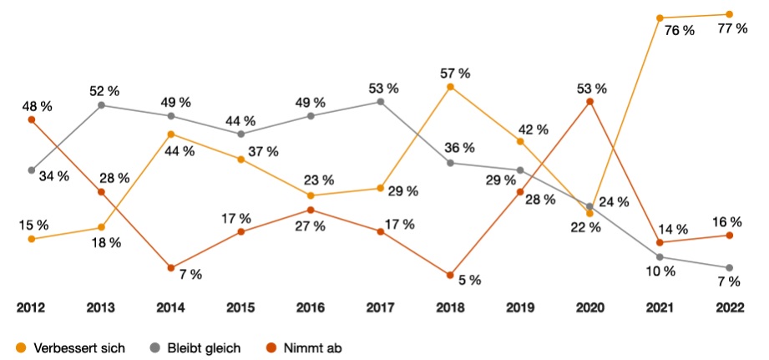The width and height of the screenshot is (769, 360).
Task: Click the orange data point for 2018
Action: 450,87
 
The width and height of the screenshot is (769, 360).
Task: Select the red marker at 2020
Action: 590,102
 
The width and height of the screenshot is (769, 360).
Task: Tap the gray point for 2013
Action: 101,105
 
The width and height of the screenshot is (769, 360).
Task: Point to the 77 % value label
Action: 731,29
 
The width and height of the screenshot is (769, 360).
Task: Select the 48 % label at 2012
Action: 37,106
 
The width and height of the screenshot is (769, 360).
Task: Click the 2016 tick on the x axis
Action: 311,307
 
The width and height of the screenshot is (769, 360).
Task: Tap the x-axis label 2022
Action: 730,307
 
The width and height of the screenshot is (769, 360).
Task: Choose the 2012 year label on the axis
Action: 31,307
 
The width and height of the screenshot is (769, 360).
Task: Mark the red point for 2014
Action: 171,268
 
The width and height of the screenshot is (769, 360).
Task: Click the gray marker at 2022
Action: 730,268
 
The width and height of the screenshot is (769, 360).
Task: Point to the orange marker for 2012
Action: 32,239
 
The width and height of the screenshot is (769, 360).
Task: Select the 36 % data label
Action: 458,148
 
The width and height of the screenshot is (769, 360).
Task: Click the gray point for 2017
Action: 381,102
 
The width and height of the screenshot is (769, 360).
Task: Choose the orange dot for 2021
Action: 660,18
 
